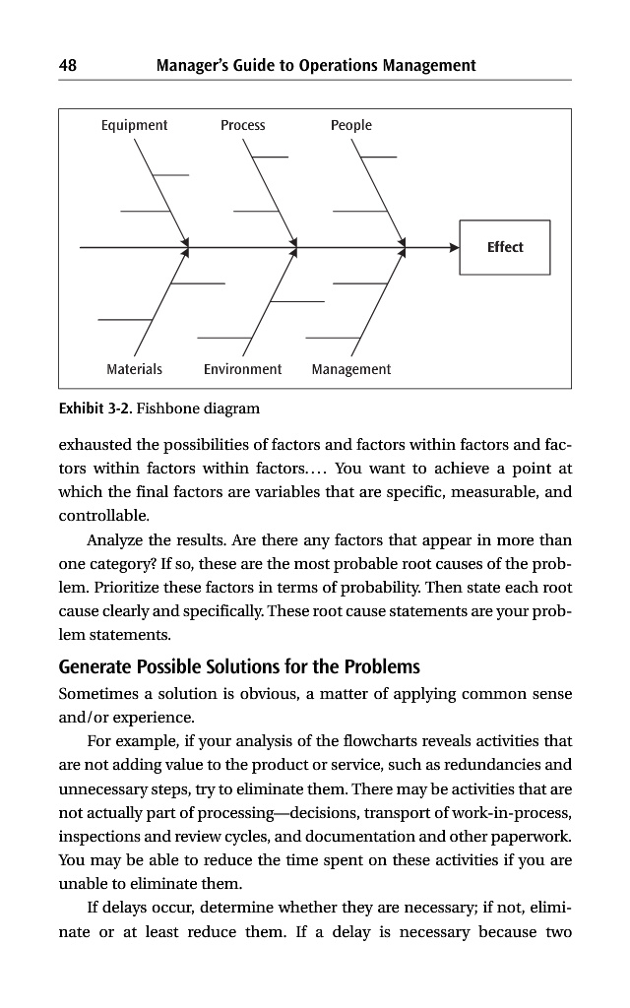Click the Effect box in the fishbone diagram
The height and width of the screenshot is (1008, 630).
point(505,247)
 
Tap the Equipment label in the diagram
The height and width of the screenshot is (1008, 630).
point(134,125)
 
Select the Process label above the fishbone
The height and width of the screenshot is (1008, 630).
point(242,125)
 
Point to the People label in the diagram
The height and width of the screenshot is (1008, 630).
point(351,125)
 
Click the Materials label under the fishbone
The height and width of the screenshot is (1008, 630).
point(134,369)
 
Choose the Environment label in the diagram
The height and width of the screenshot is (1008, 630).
point(242,369)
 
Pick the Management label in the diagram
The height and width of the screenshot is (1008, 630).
point(351,369)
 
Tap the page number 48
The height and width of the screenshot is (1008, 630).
point(68,66)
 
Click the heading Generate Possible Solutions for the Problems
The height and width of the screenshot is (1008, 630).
point(239,665)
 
